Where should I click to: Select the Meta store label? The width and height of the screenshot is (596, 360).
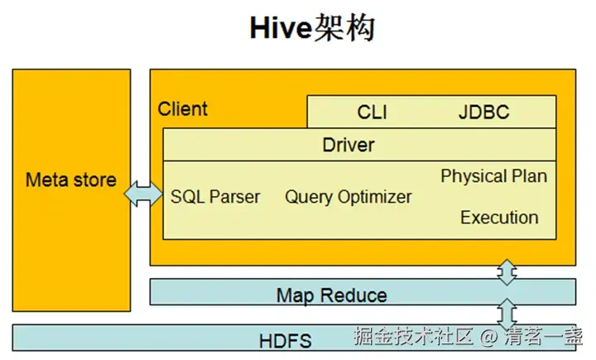70,180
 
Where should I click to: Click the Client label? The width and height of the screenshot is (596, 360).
183,109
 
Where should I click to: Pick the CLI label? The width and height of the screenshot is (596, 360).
372,113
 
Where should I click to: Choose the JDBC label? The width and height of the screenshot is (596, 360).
483,113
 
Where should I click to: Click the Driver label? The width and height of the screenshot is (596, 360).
348,146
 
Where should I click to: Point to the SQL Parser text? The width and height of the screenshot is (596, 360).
215,197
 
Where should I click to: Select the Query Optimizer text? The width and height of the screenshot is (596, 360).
348,197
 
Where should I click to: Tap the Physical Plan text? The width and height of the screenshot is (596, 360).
493,176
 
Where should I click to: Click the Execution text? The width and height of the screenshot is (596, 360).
499,218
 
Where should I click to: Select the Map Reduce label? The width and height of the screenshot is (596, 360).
331,295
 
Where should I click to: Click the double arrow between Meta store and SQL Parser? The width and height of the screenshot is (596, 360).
143,194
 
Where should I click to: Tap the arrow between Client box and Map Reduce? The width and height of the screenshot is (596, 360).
507,272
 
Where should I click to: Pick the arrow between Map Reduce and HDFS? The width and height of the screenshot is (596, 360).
507,314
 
